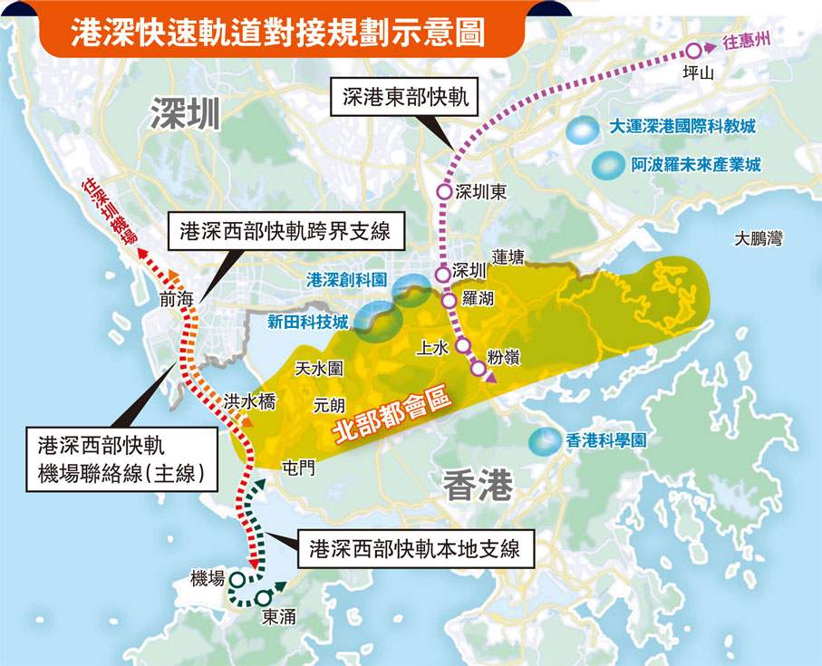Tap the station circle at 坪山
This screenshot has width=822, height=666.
694,52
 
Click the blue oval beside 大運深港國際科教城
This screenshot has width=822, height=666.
582,130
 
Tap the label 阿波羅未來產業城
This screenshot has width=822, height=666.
696,166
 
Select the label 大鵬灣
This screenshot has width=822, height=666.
759,239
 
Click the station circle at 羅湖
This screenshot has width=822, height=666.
449,300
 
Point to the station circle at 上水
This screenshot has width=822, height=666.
462,345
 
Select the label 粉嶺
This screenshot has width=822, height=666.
503,357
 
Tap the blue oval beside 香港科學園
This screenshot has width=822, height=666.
544,441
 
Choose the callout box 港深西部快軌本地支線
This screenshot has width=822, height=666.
415,549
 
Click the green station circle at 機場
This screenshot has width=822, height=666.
237,578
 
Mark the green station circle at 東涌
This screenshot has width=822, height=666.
264,598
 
